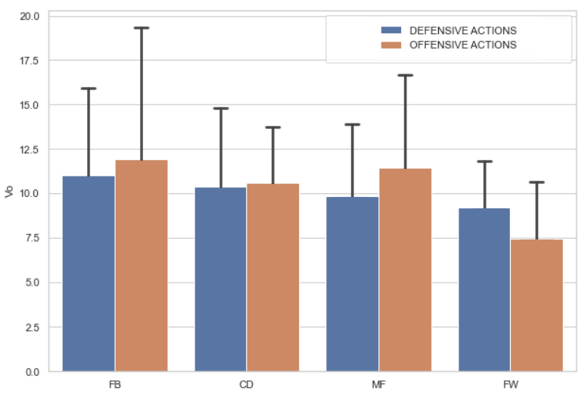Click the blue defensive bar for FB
pyautogui.click(x=89, y=274)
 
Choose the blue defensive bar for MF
pyautogui.click(x=353, y=284)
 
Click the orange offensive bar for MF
pyautogui.click(x=405, y=270)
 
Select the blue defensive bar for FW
pyautogui.click(x=484, y=289)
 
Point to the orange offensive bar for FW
pyautogui.click(x=537, y=305)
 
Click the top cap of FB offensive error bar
pyautogui.click(x=142, y=28)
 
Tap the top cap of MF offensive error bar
pyautogui.click(x=405, y=75)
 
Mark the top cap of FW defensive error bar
pyautogui.click(x=484, y=161)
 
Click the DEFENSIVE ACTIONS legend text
pyautogui.click(x=462, y=31)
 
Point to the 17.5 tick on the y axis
pyautogui.click(x=31, y=60)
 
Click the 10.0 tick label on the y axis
pyautogui.click(x=31, y=194)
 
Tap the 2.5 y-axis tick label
pyautogui.click(x=33, y=327)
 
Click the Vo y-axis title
pyautogui.click(x=9, y=192)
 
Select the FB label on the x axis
pyautogui.click(x=115, y=385)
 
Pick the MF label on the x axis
pyautogui.click(x=378, y=385)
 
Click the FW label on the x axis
pyautogui.click(x=511, y=385)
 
